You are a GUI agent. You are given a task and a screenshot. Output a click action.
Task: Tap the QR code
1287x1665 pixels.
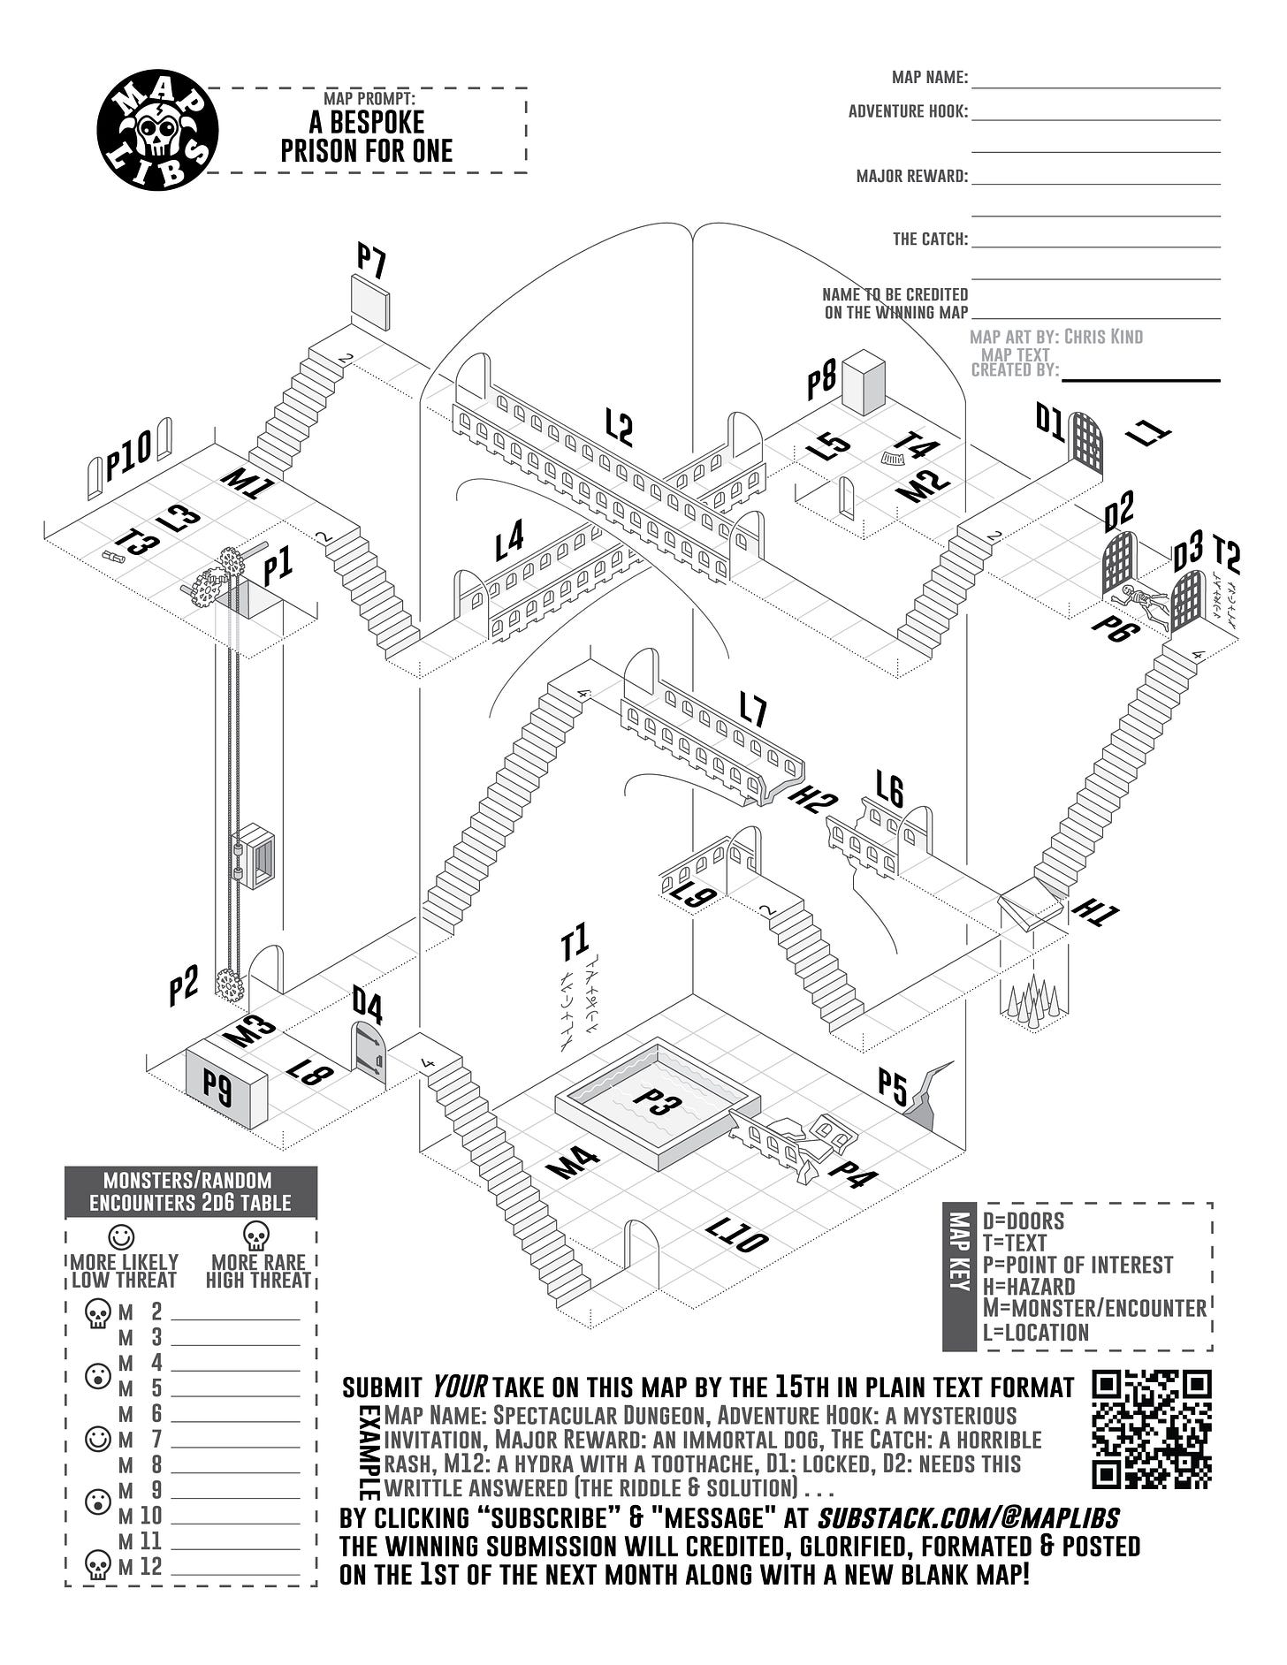pos(1151,1429)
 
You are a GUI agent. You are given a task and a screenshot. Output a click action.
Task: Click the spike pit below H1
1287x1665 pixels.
pos(1033,1002)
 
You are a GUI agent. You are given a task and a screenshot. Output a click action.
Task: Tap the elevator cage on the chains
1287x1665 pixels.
pos(255,855)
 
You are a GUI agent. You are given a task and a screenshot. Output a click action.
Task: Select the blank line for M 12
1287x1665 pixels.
pos(235,1568)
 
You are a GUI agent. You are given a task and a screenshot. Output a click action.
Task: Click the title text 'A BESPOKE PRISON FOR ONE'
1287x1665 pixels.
pos(366,136)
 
